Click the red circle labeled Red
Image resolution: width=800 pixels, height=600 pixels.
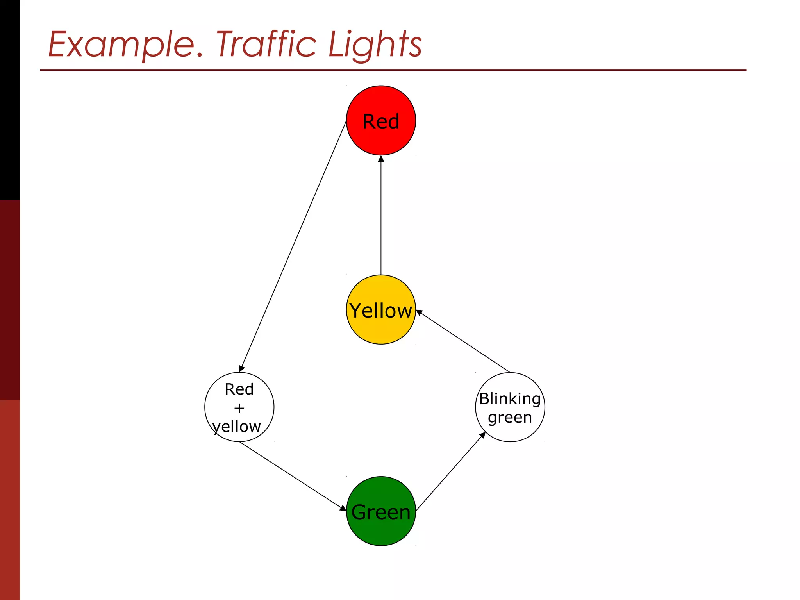[x=381, y=120]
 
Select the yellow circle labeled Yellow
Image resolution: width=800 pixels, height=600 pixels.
[x=381, y=309]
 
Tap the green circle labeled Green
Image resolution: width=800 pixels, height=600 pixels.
[x=381, y=511]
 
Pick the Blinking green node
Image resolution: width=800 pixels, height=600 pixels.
[x=510, y=407]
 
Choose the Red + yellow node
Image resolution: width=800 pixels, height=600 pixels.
[x=239, y=407]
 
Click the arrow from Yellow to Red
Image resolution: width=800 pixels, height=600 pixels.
[x=381, y=215]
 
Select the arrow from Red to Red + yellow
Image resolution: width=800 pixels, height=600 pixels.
[x=293, y=246]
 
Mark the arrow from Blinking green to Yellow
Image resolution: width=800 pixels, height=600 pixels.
[x=463, y=341]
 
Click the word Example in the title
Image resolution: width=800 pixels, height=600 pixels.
[x=121, y=45]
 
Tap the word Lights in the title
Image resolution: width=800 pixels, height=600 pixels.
[x=375, y=45]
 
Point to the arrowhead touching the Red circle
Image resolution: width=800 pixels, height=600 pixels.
[x=381, y=159]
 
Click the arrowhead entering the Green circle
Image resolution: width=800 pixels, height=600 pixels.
[x=343, y=508]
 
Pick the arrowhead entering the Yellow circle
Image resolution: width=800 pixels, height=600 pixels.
[x=419, y=312]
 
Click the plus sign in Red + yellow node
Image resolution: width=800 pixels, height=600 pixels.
[x=239, y=408]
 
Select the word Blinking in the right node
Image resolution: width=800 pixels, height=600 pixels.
[x=510, y=399]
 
